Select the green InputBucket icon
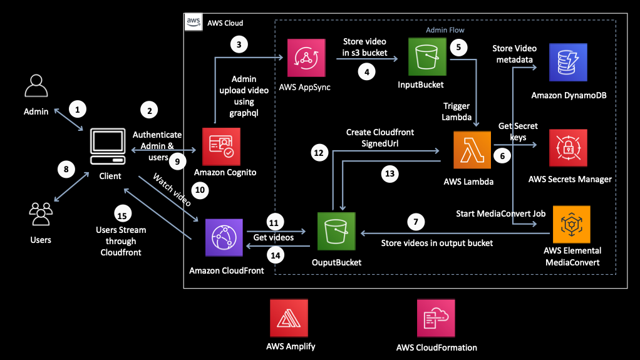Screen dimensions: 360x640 [427, 58]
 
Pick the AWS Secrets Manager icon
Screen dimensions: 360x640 [568, 148]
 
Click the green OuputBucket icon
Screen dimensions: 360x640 [336, 230]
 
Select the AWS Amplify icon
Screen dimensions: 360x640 [287, 317]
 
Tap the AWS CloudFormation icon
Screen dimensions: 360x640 [436, 317]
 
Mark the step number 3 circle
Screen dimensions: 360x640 [239, 44]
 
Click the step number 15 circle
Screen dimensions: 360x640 [122, 215]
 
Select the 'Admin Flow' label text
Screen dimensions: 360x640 [445, 29]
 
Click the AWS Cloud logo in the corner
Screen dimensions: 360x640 [194, 23]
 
